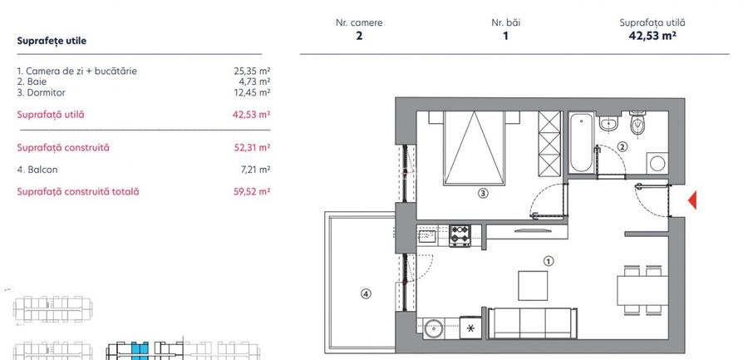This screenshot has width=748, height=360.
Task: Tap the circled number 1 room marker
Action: click(x=548, y=259)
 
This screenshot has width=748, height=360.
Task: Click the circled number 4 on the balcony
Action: click(x=365, y=293)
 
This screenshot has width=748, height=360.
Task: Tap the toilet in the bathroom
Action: click(x=638, y=124)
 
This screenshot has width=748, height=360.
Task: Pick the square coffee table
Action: click(x=533, y=285)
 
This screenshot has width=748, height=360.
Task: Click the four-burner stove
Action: click(x=460, y=234)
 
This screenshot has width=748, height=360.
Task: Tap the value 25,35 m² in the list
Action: click(x=253, y=72)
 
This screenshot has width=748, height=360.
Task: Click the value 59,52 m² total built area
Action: click(x=253, y=191)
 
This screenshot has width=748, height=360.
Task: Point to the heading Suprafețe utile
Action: click(x=52, y=40)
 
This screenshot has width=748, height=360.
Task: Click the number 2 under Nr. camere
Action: click(x=359, y=36)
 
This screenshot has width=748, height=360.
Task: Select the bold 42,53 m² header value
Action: click(x=652, y=36)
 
